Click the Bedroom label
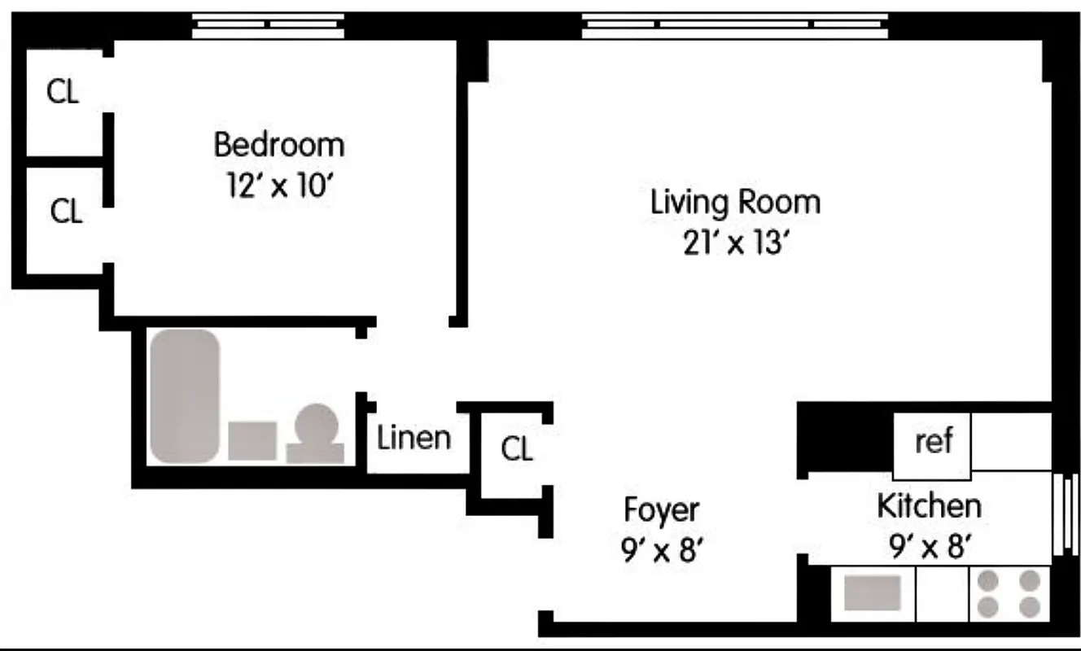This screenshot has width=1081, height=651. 278,145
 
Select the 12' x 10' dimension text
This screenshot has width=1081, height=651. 278,186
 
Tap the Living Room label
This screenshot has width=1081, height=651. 735,202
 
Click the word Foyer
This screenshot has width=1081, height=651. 661,510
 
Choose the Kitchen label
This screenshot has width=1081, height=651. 928,506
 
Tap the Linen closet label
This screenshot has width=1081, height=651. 414,438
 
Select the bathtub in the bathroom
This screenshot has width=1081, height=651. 186,395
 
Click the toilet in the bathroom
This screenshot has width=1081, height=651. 315,434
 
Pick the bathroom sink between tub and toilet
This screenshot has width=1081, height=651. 252,440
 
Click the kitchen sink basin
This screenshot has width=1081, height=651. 872,592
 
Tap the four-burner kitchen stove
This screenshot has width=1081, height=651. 1009,592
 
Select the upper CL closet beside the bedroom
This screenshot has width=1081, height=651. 63,92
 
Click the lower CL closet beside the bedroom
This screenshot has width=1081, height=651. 65,212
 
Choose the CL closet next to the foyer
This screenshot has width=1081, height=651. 516,448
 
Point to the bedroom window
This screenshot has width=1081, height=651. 268,26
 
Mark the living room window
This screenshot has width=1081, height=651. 735,26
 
